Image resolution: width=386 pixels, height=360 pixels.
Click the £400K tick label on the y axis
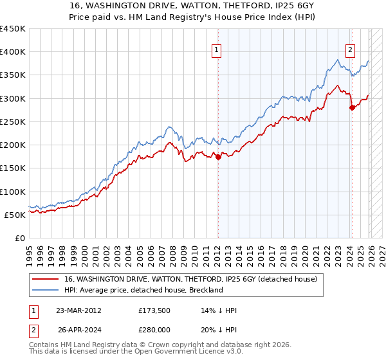[x=13, y=52]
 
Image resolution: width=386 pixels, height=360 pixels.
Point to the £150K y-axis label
[x=13, y=168]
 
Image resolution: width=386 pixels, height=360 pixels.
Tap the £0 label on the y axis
[x=19, y=238]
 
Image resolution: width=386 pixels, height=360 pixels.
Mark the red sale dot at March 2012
[x=218, y=157]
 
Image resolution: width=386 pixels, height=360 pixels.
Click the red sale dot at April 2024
[x=352, y=108]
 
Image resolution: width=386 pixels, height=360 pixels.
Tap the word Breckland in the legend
[x=203, y=290]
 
